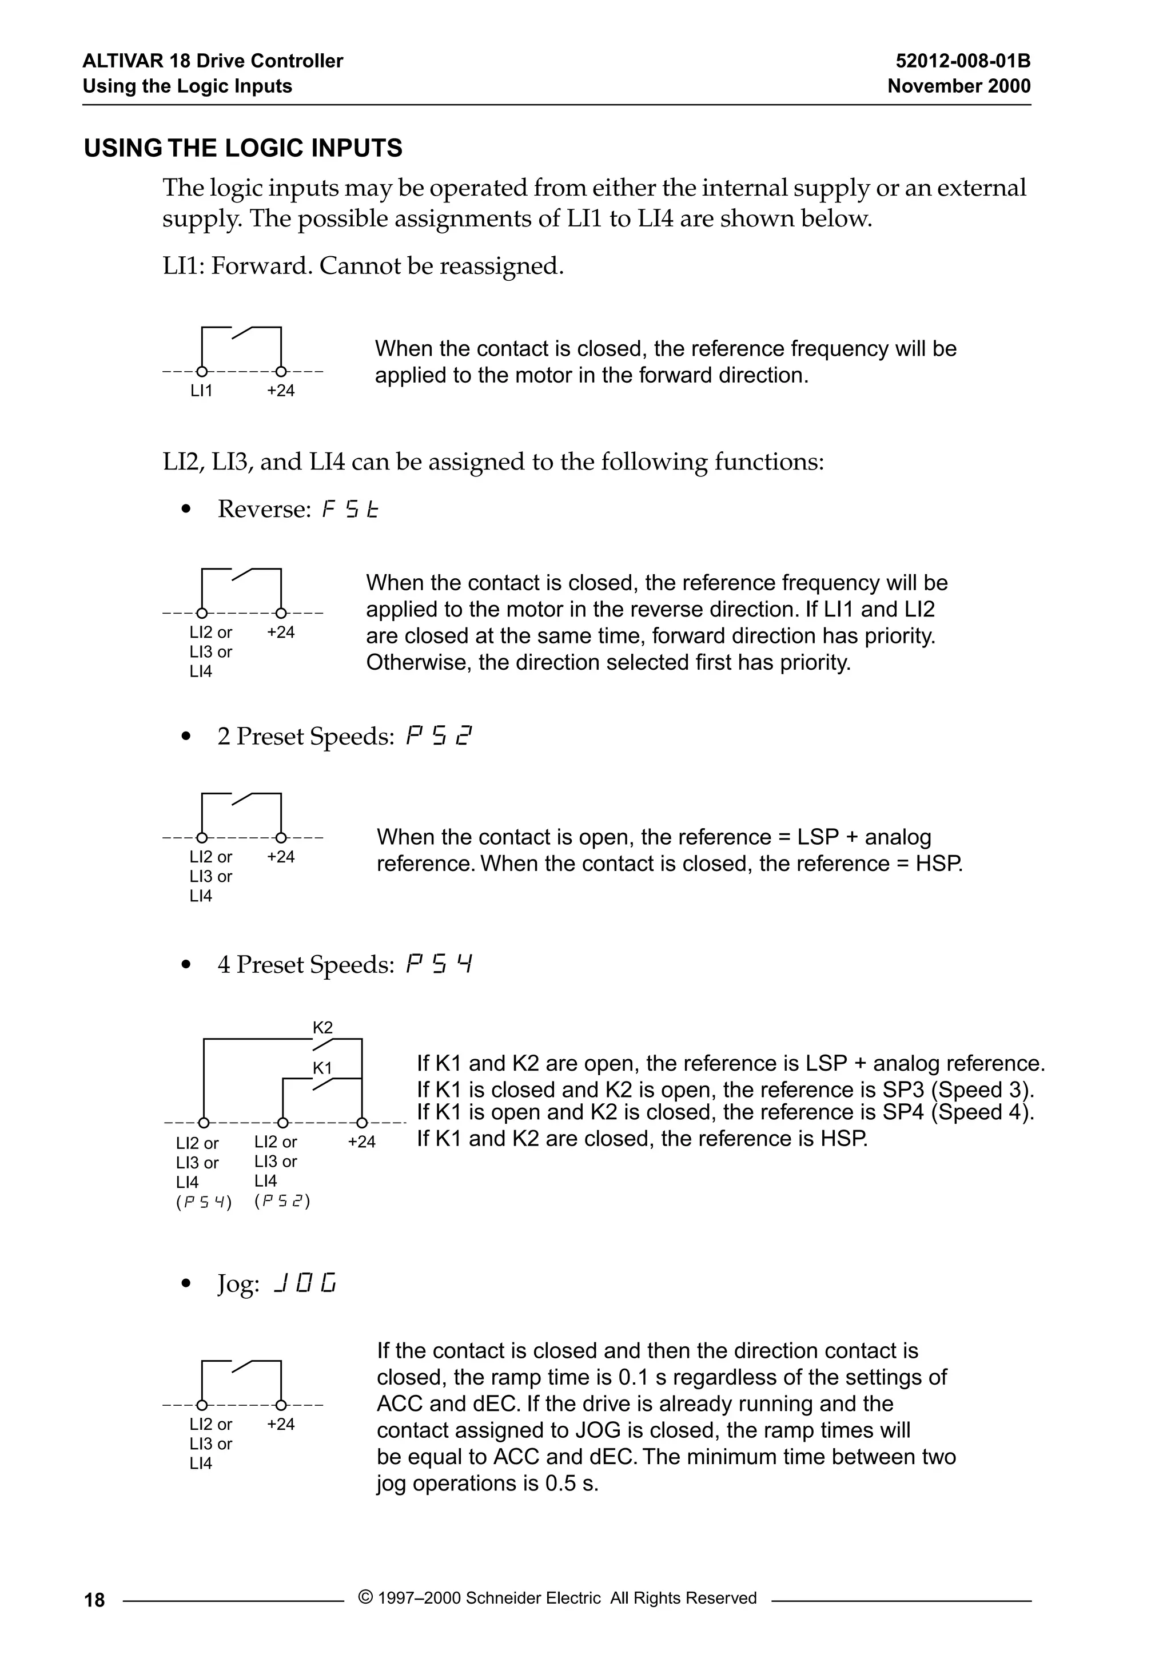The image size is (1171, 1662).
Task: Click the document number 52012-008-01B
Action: pyautogui.click(x=962, y=61)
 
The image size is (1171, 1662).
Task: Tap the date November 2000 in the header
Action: pyautogui.click(x=958, y=86)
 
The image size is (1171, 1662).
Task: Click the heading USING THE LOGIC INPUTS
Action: pyautogui.click(x=243, y=148)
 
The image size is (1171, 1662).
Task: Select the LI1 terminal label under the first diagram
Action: pyautogui.click(x=201, y=391)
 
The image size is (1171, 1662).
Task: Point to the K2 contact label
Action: pyautogui.click(x=323, y=1027)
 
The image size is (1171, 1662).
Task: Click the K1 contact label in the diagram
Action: pyautogui.click(x=323, y=1068)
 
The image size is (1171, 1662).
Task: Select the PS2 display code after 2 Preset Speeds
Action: pyautogui.click(x=439, y=737)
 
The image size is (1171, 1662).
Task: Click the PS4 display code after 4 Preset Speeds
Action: pyautogui.click(x=439, y=965)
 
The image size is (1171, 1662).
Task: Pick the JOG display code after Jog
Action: pyautogui.click(x=305, y=1285)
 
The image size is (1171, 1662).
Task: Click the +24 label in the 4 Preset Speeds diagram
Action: pyautogui.click(x=362, y=1142)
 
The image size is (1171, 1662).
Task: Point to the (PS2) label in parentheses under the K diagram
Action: pyautogui.click(x=282, y=1201)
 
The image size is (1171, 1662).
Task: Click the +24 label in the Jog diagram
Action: pyautogui.click(x=281, y=1424)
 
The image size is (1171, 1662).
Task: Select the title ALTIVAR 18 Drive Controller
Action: pyautogui.click(x=213, y=61)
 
